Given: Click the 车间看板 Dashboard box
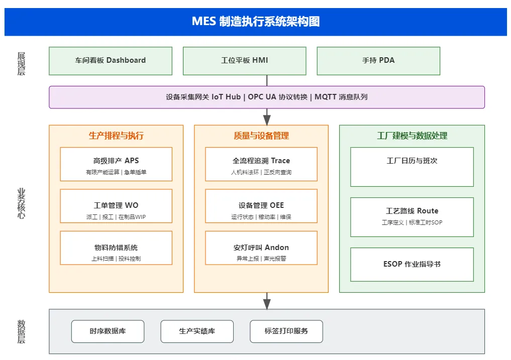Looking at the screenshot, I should pyautogui.click(x=111, y=61).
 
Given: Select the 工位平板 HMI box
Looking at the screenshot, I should pyautogui.click(x=244, y=61).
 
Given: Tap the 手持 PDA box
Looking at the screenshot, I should pyautogui.click(x=378, y=61).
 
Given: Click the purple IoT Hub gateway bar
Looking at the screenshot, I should pyautogui.click(x=267, y=97).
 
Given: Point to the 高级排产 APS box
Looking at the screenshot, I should pyautogui.click(x=116, y=164).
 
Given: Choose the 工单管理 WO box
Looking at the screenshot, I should pyautogui.click(x=116, y=206).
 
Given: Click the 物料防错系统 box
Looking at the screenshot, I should pyautogui.click(x=116, y=248).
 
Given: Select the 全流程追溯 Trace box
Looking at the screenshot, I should pyautogui.click(x=261, y=164).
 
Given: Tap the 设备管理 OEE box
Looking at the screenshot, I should pyautogui.click(x=261, y=206).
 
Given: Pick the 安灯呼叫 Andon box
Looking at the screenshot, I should pyautogui.click(x=261, y=248).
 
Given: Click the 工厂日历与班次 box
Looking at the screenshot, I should pyautogui.click(x=412, y=167).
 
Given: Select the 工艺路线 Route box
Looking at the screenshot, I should pyautogui.click(x=412, y=217).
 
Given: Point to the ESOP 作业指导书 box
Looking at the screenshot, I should pyautogui.click(x=412, y=264).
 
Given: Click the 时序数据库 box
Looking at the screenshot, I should pyautogui.click(x=108, y=331).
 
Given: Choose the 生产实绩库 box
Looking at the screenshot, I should pyautogui.click(x=197, y=331).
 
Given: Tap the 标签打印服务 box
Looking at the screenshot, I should pyautogui.click(x=286, y=331).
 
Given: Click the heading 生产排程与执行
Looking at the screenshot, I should pyautogui.click(x=116, y=136).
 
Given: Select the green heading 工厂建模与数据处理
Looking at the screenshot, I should pyautogui.click(x=412, y=136).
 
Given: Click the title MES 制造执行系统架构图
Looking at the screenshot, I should pyautogui.click(x=256, y=22).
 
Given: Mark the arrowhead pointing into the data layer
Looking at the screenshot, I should pyautogui.click(x=267, y=304).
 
